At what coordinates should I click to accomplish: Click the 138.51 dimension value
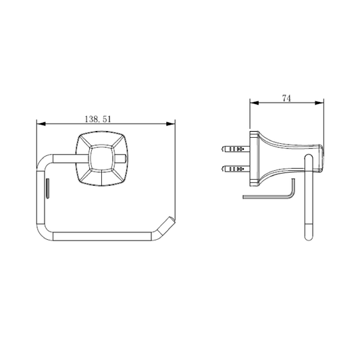coord(98,119)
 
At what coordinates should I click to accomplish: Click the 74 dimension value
coord(286,98)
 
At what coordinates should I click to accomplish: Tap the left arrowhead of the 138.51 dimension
coord(41,124)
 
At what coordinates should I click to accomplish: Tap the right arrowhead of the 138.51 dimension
coord(171,124)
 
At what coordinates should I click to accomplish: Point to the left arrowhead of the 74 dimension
coord(254,103)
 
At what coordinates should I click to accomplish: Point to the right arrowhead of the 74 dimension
coord(319,103)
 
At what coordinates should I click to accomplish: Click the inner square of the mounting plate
coord(101,158)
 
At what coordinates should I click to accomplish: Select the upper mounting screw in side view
coord(235,149)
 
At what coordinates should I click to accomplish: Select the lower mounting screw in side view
coord(235,170)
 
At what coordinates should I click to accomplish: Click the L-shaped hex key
coord(269,197)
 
